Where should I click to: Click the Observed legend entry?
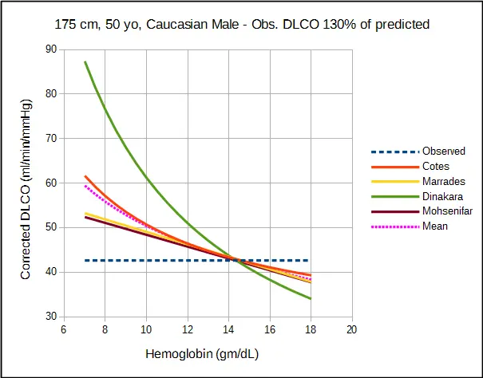(444, 152)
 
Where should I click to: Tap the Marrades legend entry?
(444, 181)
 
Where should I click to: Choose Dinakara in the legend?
(442, 196)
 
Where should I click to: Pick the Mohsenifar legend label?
(447, 211)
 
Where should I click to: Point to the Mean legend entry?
(435, 226)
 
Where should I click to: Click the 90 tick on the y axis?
(51, 49)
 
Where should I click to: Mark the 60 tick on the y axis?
(51, 183)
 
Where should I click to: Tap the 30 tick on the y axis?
(51, 317)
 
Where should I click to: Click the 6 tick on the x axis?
(63, 329)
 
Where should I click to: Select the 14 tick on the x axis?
(228, 329)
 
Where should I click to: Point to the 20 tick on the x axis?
(352, 329)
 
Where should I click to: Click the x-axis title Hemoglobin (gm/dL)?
(202, 354)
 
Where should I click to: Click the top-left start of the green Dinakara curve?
(85, 62)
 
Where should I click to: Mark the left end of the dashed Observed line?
(85, 261)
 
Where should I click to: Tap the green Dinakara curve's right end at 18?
(311, 298)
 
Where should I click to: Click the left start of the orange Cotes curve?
(85, 176)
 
